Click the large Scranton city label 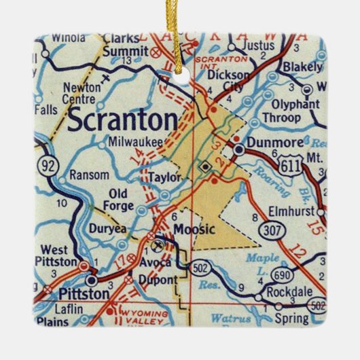(x=123, y=122)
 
